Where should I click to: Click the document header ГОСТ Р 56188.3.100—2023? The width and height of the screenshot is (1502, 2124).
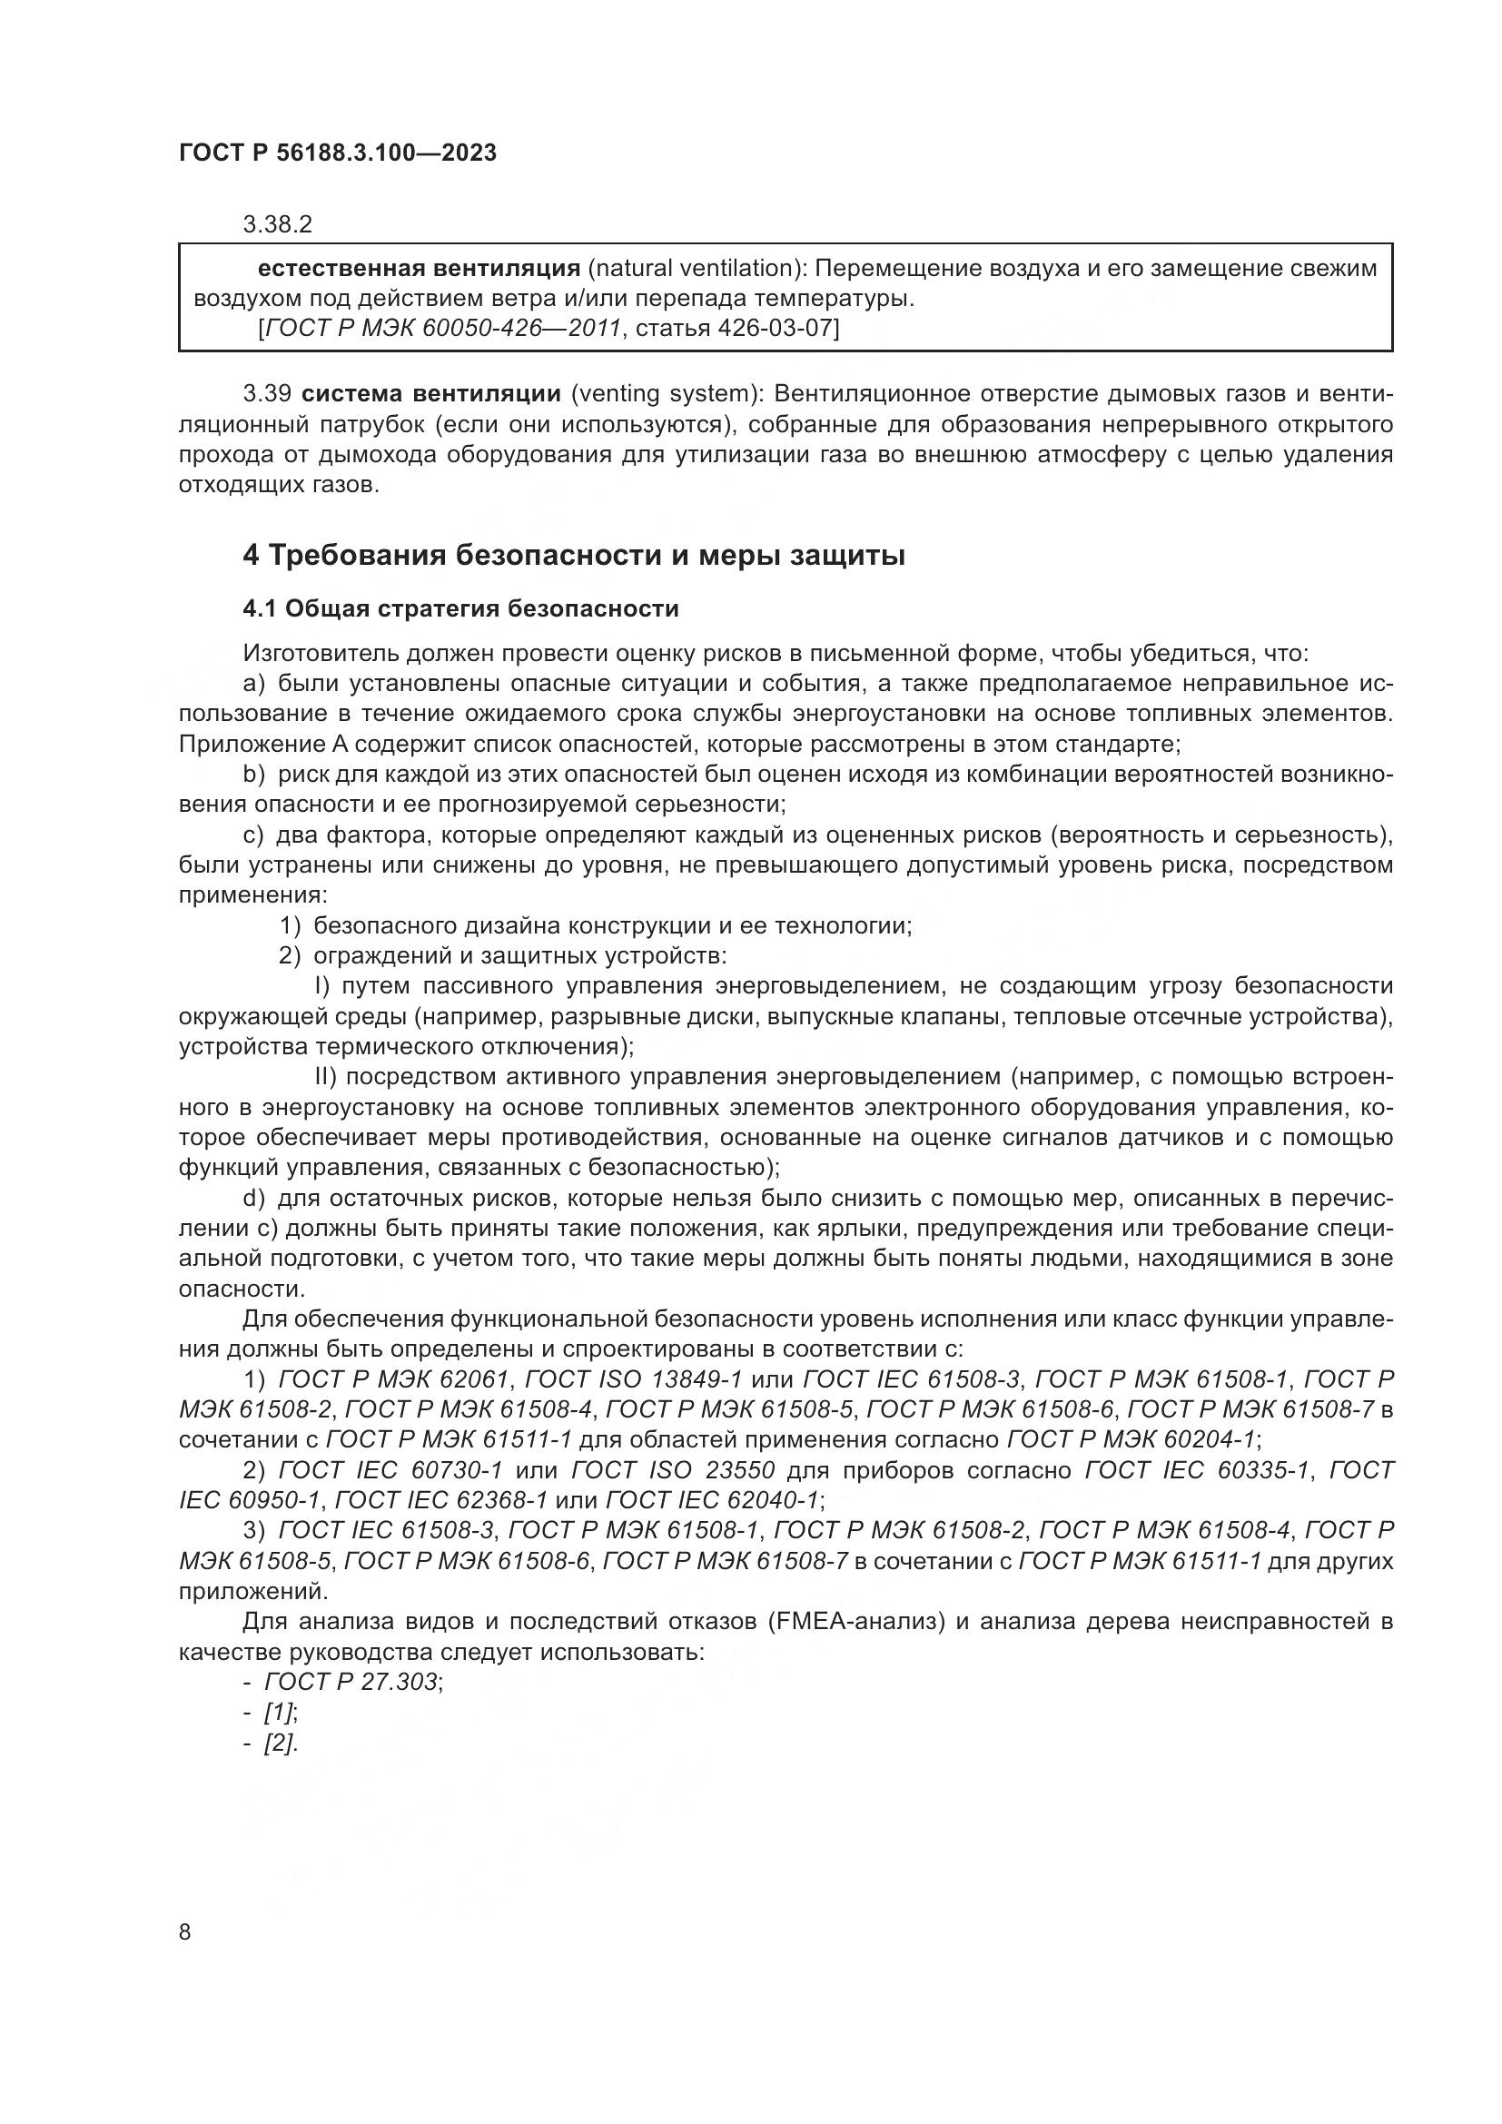(338, 153)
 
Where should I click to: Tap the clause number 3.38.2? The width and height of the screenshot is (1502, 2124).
(278, 224)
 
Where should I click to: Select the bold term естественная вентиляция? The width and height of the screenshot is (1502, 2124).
(418, 269)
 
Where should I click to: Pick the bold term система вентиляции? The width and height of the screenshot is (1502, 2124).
(432, 394)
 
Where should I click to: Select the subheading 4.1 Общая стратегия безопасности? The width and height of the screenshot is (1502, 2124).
(460, 608)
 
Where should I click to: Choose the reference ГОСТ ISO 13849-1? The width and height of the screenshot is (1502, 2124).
(634, 1380)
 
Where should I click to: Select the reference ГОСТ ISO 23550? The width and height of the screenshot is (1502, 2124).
(672, 1471)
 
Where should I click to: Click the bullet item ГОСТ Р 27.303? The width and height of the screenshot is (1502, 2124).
(351, 1682)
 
